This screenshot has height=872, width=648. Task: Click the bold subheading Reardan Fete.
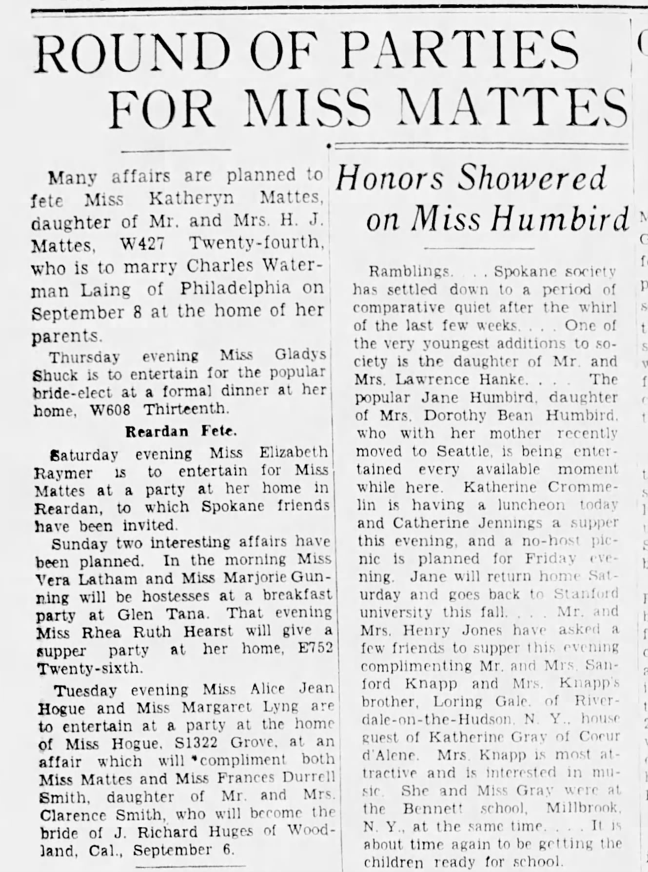click(181, 432)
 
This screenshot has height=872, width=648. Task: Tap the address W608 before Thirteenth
click(111, 410)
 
